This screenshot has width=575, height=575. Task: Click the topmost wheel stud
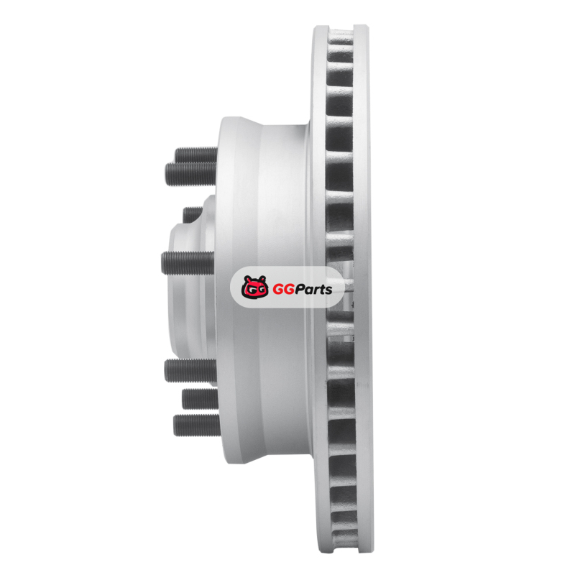(x=196, y=155)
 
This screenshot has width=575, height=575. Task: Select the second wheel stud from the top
(x=191, y=174)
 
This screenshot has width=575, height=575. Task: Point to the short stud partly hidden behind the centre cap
(x=193, y=214)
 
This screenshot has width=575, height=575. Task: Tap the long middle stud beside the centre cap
(x=188, y=263)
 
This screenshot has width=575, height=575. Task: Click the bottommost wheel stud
(x=197, y=425)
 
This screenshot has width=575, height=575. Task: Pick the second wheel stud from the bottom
(x=201, y=399)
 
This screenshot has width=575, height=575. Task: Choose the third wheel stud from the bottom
(x=190, y=371)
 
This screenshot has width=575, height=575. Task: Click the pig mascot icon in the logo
(x=254, y=287)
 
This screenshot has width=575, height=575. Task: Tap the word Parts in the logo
(x=313, y=290)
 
